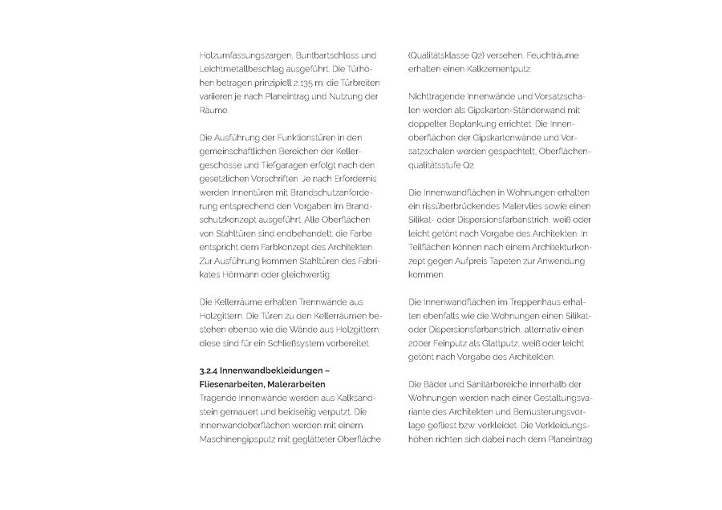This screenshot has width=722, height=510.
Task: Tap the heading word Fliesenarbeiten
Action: pos(231,384)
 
